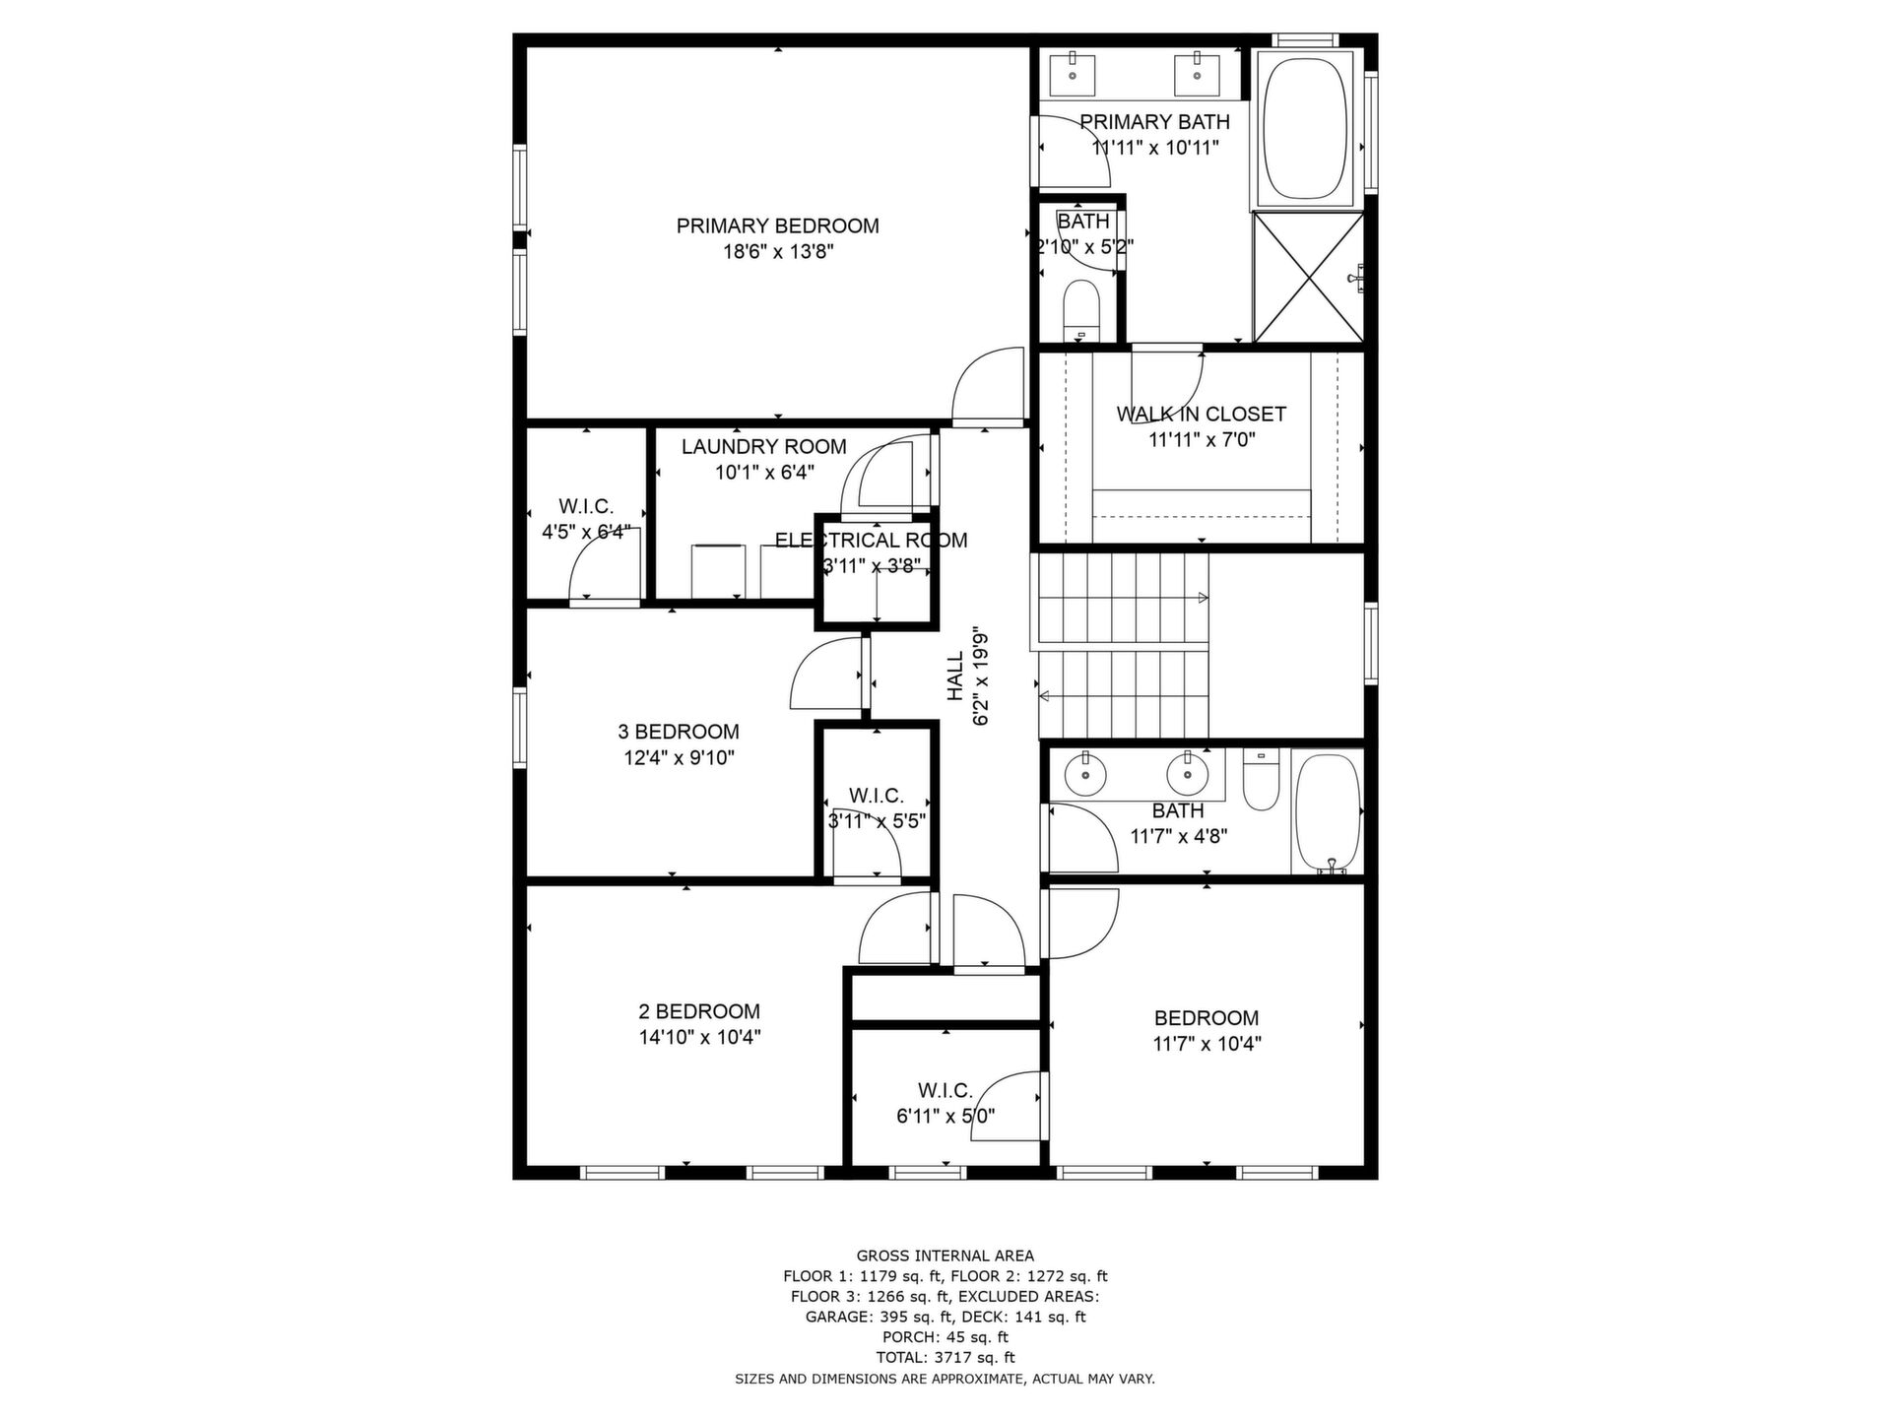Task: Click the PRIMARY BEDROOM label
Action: coord(777,226)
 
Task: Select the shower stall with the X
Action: coord(1308,277)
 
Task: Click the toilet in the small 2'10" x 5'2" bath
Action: coord(1080,308)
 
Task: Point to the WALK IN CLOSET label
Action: coord(1201,414)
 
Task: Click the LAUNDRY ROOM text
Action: coord(763,446)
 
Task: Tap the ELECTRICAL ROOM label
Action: coord(871,540)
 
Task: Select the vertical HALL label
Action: coord(955,677)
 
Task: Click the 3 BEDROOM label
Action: coord(678,732)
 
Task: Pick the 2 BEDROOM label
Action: coord(699,1011)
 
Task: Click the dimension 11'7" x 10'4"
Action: coord(1206,1043)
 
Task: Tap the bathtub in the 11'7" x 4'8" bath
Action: coord(1328,813)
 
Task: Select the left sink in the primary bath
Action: coord(1072,72)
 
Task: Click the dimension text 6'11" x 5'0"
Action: coord(945,1116)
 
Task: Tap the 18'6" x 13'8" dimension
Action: coord(778,251)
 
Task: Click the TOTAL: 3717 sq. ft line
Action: coord(945,1357)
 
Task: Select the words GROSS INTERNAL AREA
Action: coord(945,1256)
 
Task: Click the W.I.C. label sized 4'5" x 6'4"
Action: coord(586,506)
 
